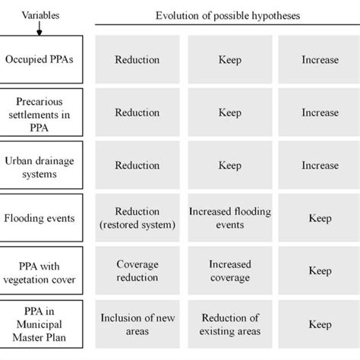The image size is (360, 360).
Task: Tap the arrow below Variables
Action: [39, 24]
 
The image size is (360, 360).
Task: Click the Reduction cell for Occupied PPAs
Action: [137, 59]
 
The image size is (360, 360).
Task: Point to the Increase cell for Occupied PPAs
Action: [319, 59]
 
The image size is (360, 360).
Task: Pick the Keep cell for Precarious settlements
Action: [229, 112]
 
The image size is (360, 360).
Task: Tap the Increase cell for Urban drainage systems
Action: [319, 165]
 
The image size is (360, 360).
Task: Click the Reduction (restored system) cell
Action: [137, 218]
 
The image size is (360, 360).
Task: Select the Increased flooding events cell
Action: [229, 218]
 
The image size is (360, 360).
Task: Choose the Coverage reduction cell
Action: [137, 270]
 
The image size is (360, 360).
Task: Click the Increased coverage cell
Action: [229, 270]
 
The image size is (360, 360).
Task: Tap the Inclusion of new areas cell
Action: [137, 324]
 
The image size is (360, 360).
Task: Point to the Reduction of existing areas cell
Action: [229, 324]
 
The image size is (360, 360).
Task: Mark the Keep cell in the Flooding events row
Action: [319, 218]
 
